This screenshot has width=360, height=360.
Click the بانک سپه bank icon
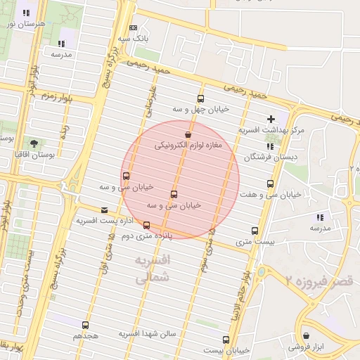coord(133,27)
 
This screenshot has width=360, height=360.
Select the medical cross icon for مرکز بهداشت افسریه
coord(271,119)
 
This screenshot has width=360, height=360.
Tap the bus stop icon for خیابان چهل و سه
coord(201,98)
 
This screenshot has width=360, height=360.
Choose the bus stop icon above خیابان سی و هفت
coord(270,184)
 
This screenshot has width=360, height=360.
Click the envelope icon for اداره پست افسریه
coord(105,210)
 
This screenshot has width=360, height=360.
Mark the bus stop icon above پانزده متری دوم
coord(146,225)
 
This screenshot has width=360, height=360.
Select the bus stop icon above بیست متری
coord(255,231)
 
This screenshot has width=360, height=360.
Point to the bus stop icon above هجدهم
coord(86,325)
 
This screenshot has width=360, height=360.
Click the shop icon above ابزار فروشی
coord(306,335)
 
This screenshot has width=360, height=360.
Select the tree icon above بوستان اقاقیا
coord(34,143)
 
